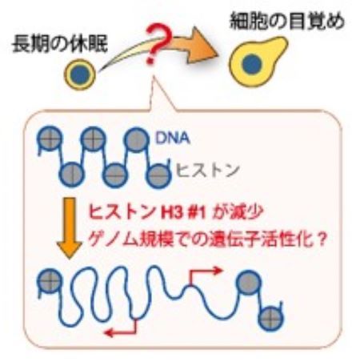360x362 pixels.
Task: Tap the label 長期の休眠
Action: pos(60,44)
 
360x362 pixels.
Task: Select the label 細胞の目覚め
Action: pos(287,21)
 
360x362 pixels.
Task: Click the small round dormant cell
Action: pos(80,74)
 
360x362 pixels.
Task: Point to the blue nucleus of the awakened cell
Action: pos(251,64)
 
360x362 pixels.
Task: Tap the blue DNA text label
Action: pos(173,138)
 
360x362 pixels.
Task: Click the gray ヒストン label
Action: pos(207,170)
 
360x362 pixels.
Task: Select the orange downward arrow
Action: pos(70,228)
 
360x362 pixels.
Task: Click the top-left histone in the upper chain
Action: pos(50,139)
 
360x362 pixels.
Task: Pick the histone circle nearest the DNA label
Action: pos(137,139)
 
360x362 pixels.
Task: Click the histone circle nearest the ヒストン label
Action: pos(159,175)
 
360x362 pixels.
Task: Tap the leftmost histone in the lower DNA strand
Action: pos(50,281)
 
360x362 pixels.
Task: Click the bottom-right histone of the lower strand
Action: pos(271,318)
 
